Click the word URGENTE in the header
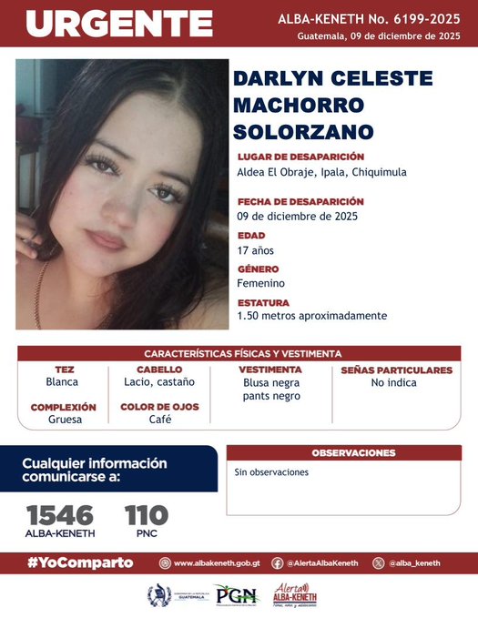(x=118, y=24)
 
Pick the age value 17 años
(x=255, y=250)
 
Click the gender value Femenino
(x=260, y=283)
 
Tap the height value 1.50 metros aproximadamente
(x=311, y=316)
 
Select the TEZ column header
(x=65, y=370)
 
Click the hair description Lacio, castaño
(x=159, y=383)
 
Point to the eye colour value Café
(x=159, y=420)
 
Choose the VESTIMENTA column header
(x=270, y=370)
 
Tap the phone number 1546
(x=60, y=514)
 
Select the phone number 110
(x=146, y=514)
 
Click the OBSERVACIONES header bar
(x=353, y=452)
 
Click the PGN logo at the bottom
(x=238, y=595)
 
